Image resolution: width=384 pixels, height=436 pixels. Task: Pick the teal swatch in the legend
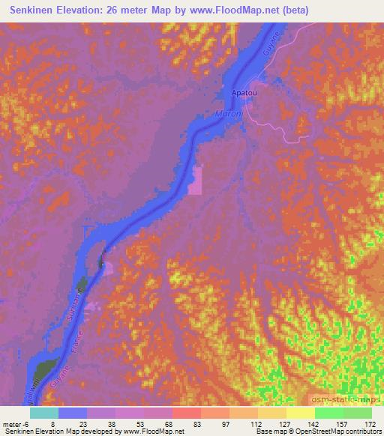coord(44,412)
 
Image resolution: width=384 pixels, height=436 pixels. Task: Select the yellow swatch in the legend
coord(300,412)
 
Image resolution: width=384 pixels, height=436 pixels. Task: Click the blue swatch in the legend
coord(73,412)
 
